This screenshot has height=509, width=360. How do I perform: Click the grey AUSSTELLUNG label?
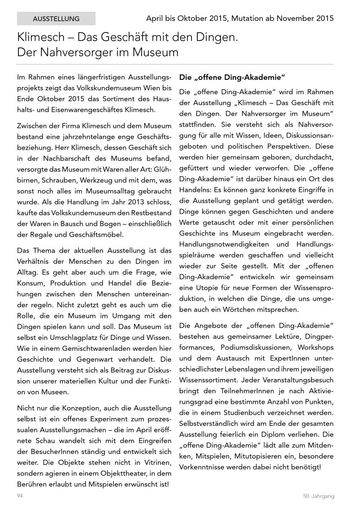[56, 19]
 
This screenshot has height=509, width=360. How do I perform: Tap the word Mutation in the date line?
[247, 18]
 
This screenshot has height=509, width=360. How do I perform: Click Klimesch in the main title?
[40, 37]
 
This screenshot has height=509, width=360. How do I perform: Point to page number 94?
[20, 496]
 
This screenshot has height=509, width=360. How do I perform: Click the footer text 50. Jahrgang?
[318, 496]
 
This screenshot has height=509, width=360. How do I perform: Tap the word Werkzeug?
[95, 180]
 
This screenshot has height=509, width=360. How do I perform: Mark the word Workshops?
[316, 347]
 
